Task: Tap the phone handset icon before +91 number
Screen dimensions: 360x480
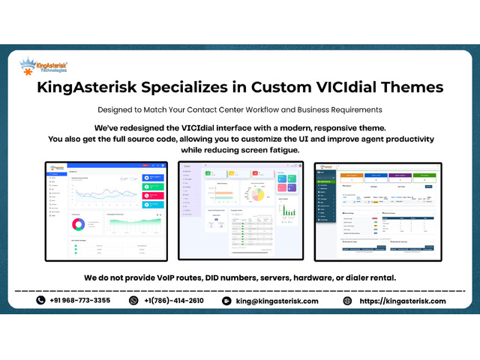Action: tap(41, 301)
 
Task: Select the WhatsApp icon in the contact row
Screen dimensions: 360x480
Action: tap(134, 301)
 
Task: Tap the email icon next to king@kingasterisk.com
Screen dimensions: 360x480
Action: tap(226, 301)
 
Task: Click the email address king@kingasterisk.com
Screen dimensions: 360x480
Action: tap(276, 301)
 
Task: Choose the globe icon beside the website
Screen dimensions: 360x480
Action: tap(347, 301)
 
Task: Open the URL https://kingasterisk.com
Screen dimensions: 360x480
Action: tap(402, 301)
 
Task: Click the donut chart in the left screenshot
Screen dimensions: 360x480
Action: tap(77, 224)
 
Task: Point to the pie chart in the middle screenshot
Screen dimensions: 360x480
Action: tap(257, 194)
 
